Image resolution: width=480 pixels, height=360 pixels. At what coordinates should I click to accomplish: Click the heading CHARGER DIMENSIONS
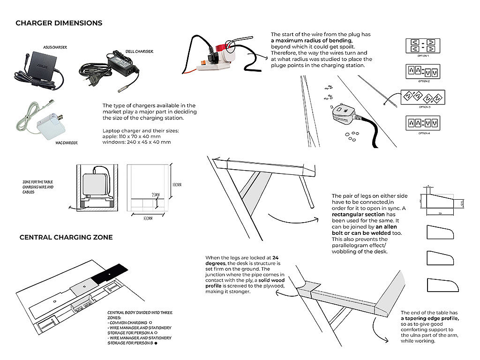pos(59,23)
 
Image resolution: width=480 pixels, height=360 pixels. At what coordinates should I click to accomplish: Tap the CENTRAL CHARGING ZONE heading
pos(66,237)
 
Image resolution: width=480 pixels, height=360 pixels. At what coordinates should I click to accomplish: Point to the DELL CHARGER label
pos(139,52)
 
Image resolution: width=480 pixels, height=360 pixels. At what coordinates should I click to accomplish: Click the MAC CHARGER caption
pos(66,142)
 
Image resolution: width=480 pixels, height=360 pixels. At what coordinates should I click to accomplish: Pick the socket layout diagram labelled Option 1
pos(423,46)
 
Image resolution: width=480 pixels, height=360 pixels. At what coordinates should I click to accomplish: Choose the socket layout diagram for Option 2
pos(423,72)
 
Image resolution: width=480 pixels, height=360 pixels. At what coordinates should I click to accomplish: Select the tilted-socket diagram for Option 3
pos(423,97)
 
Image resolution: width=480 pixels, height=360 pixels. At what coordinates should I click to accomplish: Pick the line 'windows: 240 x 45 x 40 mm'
pos(136,142)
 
